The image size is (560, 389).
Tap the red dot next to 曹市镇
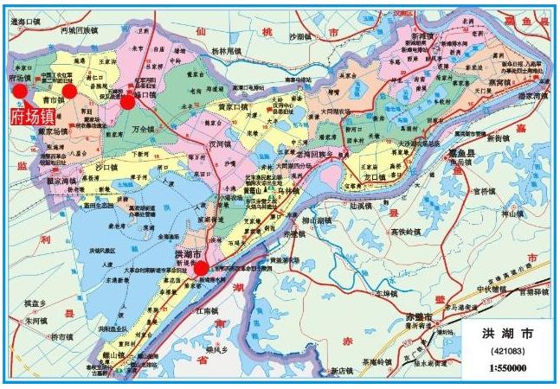pyautogui.click(x=70, y=90)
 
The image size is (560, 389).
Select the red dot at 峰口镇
pyautogui.click(x=127, y=102)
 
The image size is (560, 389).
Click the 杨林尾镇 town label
pyautogui.click(x=232, y=49)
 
